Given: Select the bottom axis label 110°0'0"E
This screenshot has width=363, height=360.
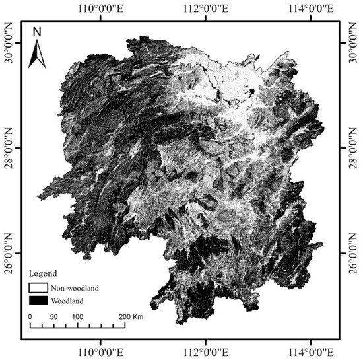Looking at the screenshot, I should click(100, 350).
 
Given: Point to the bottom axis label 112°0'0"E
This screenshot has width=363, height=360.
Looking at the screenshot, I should click(205, 350).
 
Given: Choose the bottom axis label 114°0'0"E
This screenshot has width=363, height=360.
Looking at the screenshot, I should click(311, 350).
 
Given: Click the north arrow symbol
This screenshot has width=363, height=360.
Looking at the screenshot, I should click(37, 48).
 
